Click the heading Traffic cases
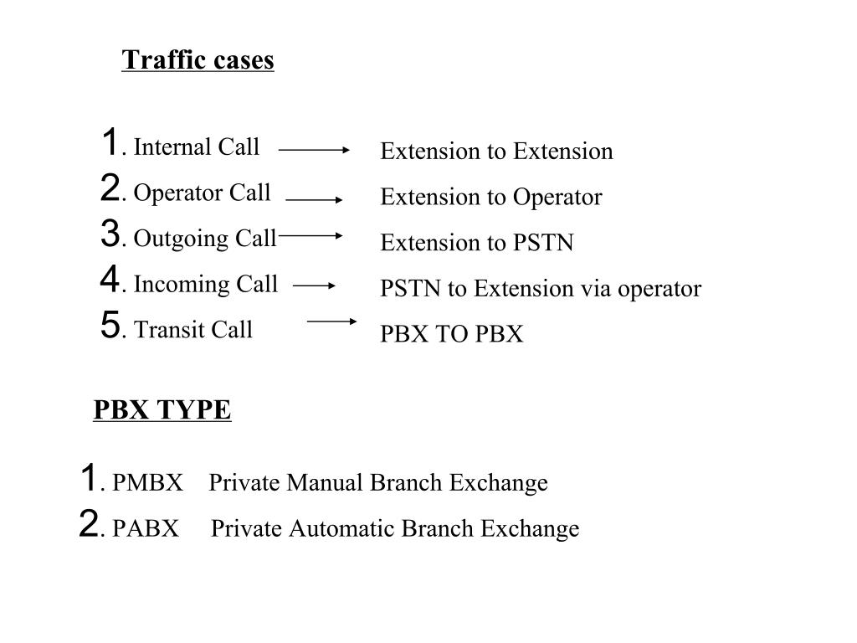pos(198,60)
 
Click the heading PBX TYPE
pos(162,410)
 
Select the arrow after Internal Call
pos(314,150)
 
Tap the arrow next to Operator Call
pos(314,200)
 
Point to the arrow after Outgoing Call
pos(310,235)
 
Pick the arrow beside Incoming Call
pos(315,285)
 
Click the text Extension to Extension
pos(496,152)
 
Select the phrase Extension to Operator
pos(491,198)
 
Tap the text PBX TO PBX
pos(452,335)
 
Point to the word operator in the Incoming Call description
pos(659,290)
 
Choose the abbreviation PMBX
pos(147,483)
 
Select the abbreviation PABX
pos(146,529)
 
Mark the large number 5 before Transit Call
pos(110,325)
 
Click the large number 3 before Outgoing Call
pos(110,234)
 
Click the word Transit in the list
pos(165,330)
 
